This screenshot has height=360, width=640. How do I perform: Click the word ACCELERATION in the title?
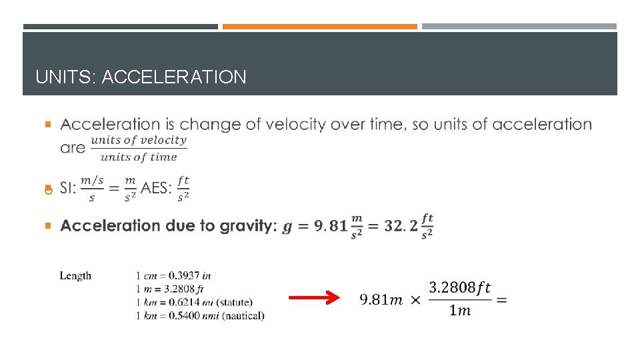pos(175,77)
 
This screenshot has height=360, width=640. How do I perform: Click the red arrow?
pos(314,299)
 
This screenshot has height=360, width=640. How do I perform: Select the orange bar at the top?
pos(319,27)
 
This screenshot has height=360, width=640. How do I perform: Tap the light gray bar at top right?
pos(519,27)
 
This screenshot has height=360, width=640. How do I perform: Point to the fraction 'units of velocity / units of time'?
pos(139,149)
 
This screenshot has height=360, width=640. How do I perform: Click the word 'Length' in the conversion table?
pos(75,276)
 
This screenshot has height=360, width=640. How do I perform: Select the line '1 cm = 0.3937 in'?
pos(173,275)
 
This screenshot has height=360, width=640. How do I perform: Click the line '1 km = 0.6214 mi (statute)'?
pos(194,303)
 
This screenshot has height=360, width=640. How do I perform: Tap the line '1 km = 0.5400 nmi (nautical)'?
pos(199,315)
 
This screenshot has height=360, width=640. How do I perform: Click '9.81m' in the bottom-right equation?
pos(381,299)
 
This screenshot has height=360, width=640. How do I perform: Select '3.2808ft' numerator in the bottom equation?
pos(459,287)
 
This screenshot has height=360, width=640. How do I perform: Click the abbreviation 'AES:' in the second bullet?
pos(157,189)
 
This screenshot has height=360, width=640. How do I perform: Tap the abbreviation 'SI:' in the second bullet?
pos(68,189)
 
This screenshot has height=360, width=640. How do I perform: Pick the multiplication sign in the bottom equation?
pos(415,300)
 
